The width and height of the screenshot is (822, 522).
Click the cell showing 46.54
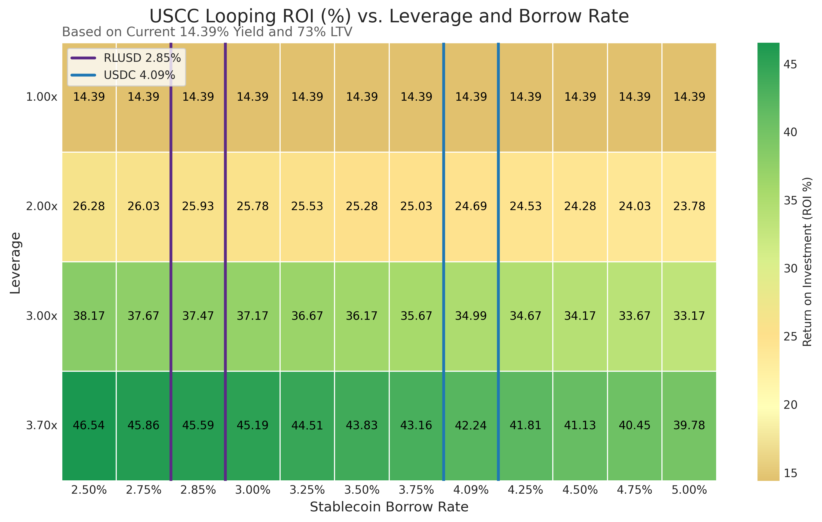89,425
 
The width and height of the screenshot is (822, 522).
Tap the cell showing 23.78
689,206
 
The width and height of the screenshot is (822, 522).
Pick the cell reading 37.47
198,316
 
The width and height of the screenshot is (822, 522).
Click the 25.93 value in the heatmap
198,206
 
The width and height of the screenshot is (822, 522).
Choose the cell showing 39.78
689,425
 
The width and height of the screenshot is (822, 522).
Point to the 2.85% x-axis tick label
198,490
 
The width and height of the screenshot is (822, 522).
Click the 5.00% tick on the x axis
689,490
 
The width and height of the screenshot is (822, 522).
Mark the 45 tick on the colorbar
790,65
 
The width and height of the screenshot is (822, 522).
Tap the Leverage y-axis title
15,263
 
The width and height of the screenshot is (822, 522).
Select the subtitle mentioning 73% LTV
207,32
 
